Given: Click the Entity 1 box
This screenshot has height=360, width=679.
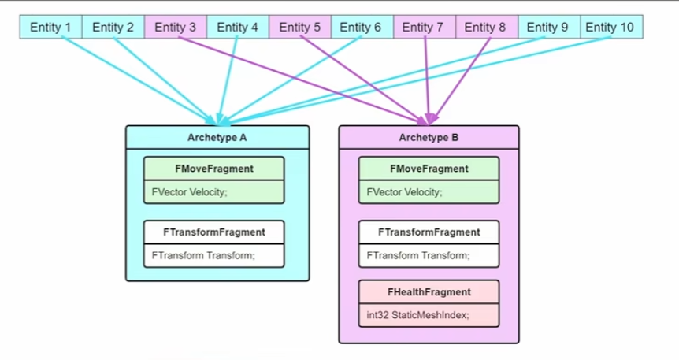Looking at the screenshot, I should [50, 28].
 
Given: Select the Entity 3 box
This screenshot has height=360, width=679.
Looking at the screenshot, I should [176, 28].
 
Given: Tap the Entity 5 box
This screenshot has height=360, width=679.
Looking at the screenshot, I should [300, 28].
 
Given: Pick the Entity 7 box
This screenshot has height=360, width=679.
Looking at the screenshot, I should [424, 28].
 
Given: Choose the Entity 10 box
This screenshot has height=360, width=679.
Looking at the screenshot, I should [611, 28].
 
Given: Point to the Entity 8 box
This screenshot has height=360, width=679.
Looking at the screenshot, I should [486, 28].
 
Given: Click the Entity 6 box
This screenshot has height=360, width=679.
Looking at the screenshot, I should [362, 28].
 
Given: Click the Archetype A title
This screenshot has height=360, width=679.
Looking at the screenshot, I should [217, 137].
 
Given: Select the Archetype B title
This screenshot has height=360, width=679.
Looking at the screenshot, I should [429, 137].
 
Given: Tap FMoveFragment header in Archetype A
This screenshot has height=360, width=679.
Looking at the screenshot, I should [214, 169].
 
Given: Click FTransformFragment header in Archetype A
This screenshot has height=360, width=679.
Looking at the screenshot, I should [214, 232].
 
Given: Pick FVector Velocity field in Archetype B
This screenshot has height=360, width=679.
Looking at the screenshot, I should [429, 191].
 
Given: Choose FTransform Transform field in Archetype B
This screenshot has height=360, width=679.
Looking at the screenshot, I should [429, 255].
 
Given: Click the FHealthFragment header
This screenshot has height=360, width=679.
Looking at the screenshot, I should [429, 291].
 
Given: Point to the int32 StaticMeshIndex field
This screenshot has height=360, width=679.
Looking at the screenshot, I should [429, 315].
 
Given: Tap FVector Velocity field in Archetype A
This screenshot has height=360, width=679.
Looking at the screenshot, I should [214, 191].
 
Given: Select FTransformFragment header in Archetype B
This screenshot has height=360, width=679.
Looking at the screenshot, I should [429, 232].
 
